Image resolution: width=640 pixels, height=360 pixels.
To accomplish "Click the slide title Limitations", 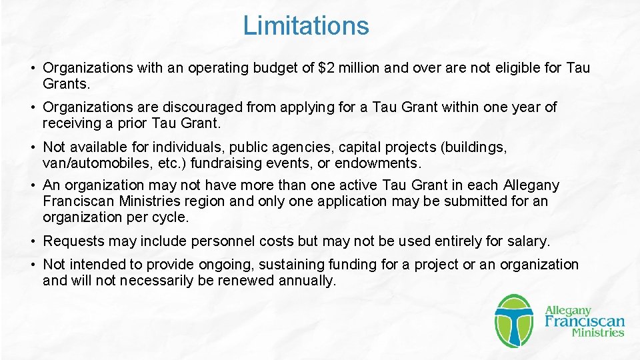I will (x=305, y=26).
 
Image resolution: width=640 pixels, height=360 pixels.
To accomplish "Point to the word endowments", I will (x=378, y=163).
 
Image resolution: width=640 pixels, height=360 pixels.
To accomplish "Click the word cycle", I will (x=171, y=217).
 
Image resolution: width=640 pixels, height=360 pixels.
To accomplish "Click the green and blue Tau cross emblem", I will (x=514, y=321).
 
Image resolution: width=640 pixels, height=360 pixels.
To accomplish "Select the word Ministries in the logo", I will (x=598, y=333).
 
